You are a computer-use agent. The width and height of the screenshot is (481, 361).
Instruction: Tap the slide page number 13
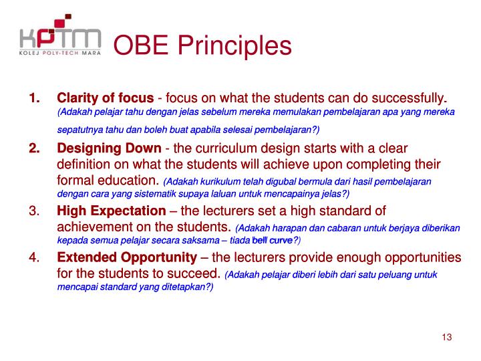(447, 337)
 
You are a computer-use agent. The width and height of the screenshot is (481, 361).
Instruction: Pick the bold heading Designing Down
(109, 148)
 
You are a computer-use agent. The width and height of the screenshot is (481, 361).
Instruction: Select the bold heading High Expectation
(111, 211)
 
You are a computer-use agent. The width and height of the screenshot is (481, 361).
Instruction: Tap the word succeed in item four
(194, 273)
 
